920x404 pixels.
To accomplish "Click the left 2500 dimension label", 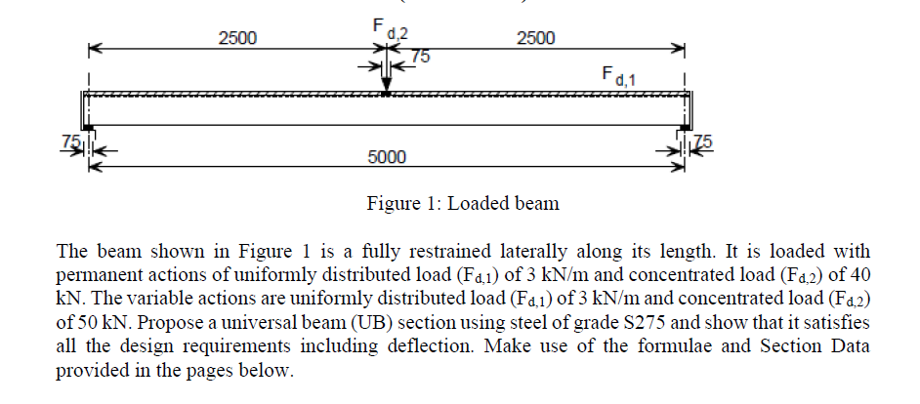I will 237,38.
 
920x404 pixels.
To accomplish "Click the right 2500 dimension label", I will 535,38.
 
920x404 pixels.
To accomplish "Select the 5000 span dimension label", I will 387,157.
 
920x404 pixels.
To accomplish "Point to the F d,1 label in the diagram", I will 619,75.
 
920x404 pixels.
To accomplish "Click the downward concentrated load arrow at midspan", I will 387,76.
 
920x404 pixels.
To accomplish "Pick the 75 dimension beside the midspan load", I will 420,57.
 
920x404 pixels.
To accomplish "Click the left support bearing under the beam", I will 88,127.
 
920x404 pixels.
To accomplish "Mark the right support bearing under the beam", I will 685,127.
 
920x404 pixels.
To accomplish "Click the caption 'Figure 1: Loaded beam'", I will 463,204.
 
